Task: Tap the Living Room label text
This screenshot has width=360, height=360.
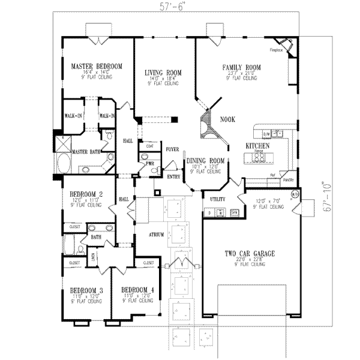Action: pyautogui.click(x=163, y=73)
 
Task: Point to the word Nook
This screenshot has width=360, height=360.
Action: pyautogui.click(x=227, y=120)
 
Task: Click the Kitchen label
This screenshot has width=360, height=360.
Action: pyautogui.click(x=256, y=146)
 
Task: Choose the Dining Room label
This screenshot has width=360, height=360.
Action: pyautogui.click(x=205, y=161)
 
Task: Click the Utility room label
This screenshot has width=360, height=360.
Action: pyautogui.click(x=217, y=198)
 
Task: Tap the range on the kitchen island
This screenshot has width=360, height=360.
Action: pyautogui.click(x=258, y=157)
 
